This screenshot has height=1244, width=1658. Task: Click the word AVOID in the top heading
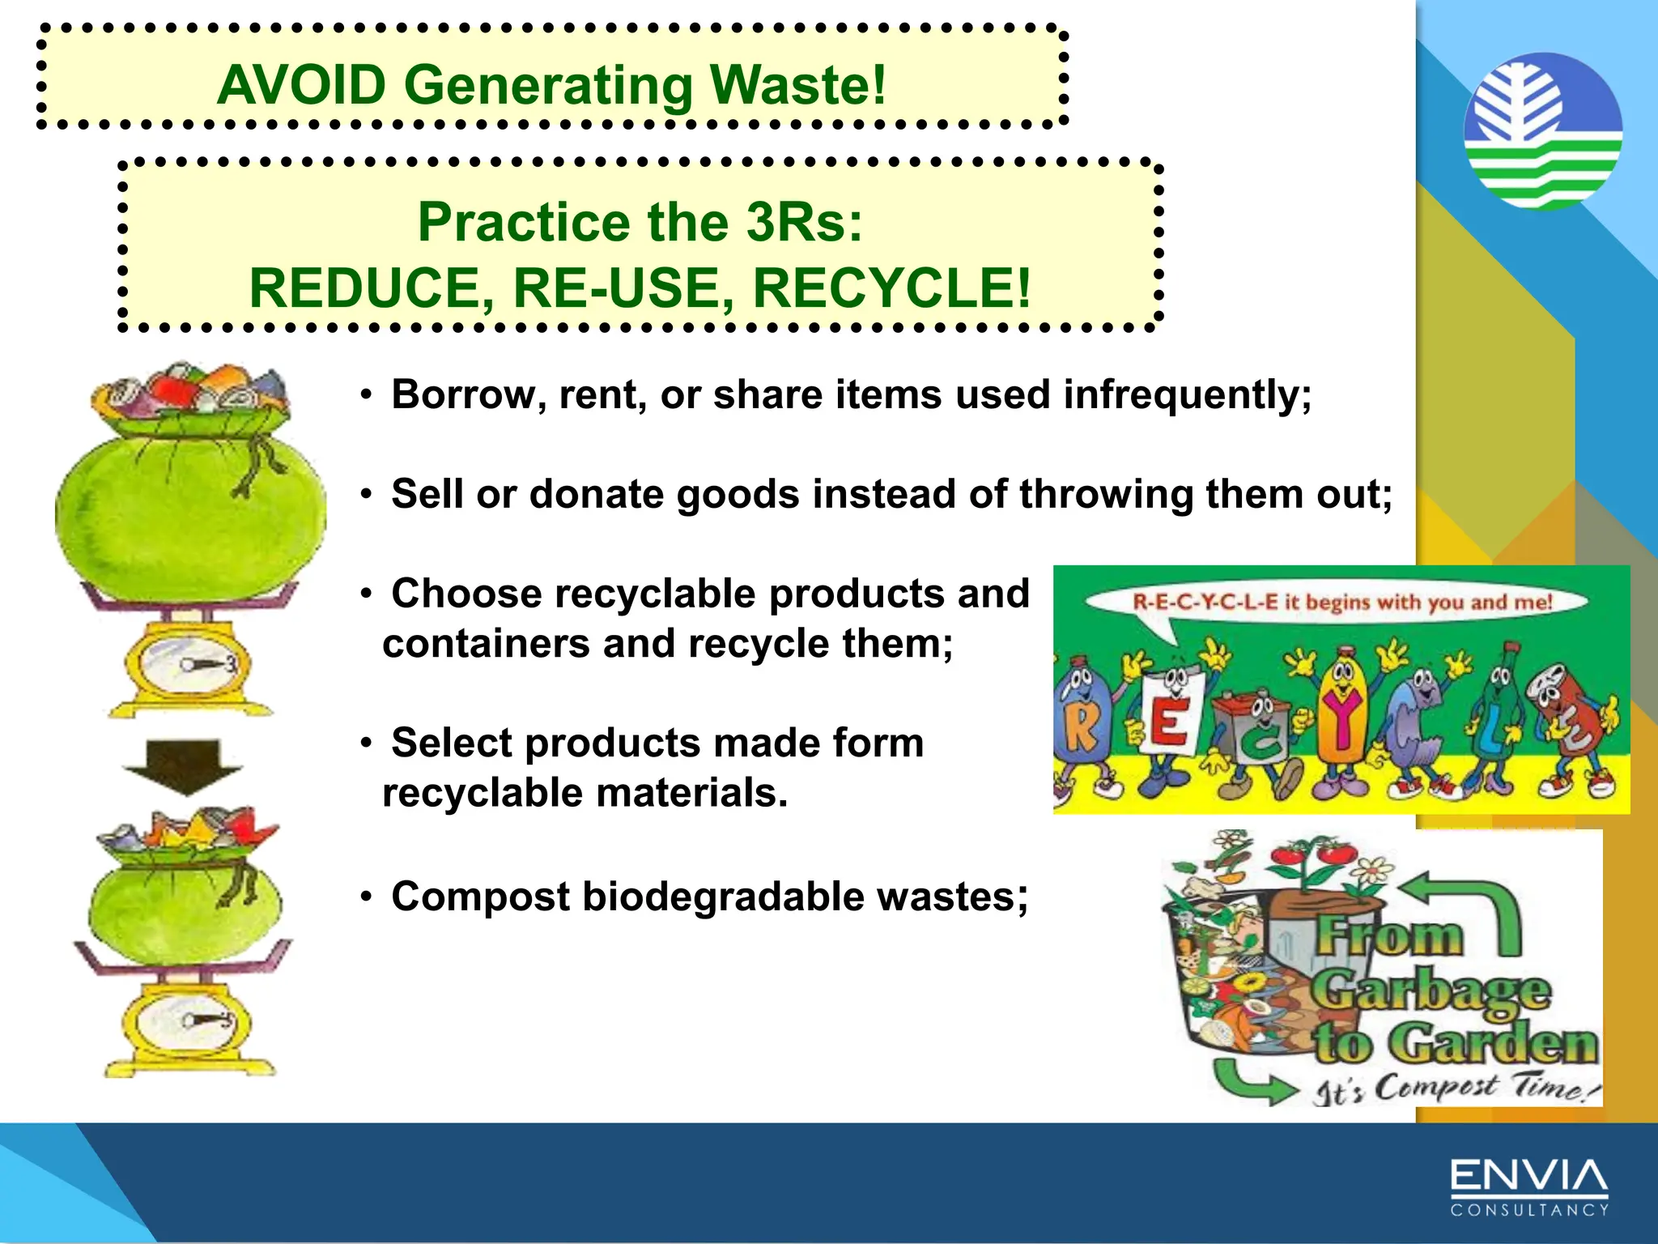click(301, 85)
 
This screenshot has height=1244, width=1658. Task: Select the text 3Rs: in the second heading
click(804, 222)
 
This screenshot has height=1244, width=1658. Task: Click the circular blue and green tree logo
click(1543, 131)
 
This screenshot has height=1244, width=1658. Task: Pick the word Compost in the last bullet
click(481, 897)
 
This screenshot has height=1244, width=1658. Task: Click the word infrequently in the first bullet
click(1186, 395)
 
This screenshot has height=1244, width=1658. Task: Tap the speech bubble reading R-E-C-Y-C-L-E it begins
click(1341, 603)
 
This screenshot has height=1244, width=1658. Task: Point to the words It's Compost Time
click(1453, 1088)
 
